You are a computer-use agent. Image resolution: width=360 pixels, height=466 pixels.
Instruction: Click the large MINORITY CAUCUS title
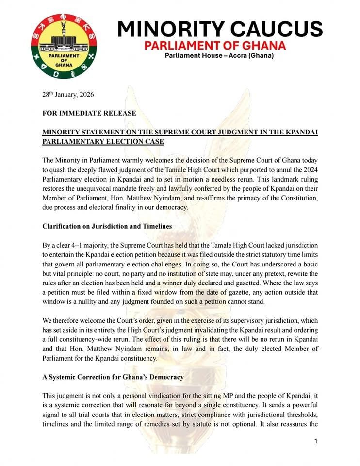220,29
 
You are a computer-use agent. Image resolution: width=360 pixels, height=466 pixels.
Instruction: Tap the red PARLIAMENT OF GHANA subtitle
215,46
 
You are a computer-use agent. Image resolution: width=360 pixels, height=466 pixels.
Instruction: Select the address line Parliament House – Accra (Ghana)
219,56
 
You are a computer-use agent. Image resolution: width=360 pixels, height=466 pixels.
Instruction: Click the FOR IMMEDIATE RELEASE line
89,113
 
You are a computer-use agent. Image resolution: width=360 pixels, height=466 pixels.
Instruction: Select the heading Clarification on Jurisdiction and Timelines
115,226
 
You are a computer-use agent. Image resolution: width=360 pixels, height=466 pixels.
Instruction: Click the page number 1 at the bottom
315,441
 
